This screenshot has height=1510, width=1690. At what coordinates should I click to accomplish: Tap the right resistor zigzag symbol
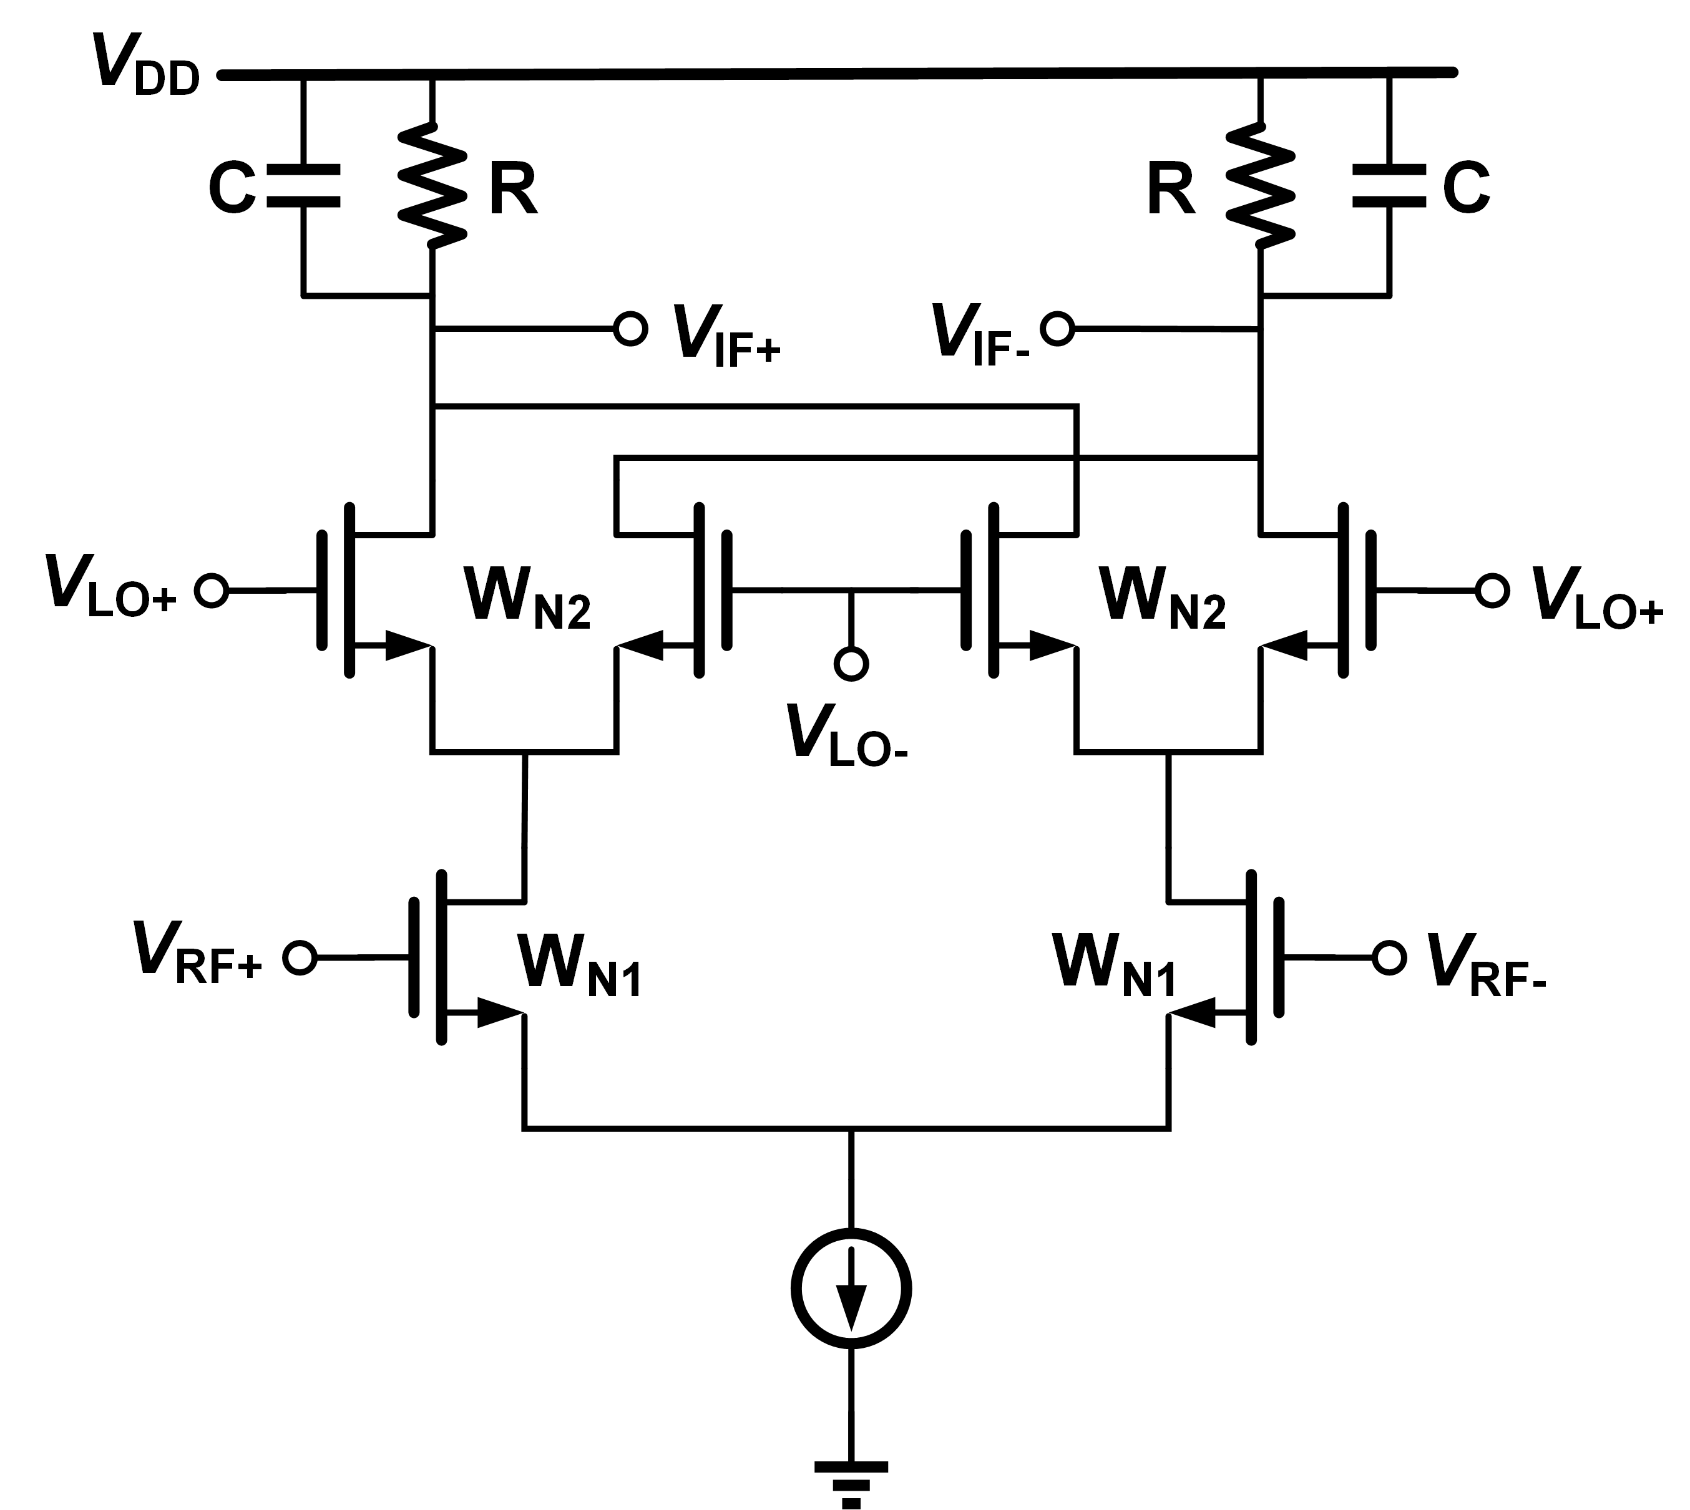tap(1260, 186)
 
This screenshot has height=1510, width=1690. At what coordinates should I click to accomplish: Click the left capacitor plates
tap(304, 186)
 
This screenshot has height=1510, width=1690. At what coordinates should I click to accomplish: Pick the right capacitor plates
tap(1389, 186)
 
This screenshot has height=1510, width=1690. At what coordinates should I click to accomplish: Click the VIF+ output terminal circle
tap(631, 329)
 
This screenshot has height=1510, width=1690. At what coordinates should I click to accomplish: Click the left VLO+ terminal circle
tap(212, 591)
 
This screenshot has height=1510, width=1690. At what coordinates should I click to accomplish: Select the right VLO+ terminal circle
tap(1492, 591)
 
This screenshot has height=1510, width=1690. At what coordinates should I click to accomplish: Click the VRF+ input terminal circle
tap(300, 957)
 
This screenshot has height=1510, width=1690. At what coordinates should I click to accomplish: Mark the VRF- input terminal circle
tap(1389, 957)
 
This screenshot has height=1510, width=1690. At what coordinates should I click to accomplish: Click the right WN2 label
tap(1162, 599)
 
